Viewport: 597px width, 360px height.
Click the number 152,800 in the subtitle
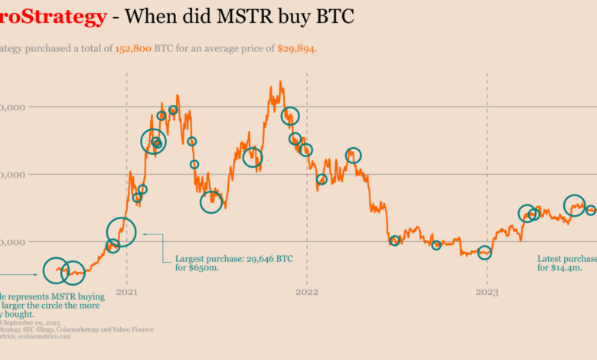[x=131, y=49]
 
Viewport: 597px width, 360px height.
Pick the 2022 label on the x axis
[x=307, y=292]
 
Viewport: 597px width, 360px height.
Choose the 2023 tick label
[x=487, y=292]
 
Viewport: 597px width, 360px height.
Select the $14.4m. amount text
[x=565, y=268]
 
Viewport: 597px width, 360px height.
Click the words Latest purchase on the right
[x=567, y=258]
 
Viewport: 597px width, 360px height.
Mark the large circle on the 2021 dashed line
[x=121, y=231]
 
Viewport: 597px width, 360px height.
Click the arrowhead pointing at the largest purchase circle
[x=145, y=234]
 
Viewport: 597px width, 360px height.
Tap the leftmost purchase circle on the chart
[x=56, y=270]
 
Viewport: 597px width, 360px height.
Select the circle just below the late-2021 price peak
[x=289, y=116]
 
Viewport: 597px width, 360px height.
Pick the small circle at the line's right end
[x=590, y=210]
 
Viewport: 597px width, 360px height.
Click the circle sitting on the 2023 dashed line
[x=484, y=252]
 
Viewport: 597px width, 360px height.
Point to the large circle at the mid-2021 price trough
[x=211, y=201]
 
